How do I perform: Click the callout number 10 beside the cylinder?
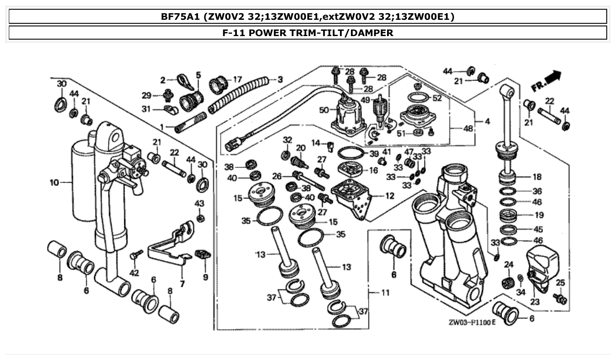pyautogui.click(x=54, y=182)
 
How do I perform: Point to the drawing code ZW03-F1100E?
pyautogui.click(x=472, y=323)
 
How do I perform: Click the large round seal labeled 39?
pyautogui.click(x=351, y=154)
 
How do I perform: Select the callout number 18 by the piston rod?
pyautogui.click(x=537, y=177)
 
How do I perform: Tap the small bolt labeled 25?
pyautogui.click(x=561, y=299)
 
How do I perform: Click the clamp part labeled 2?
pyautogui.click(x=181, y=81)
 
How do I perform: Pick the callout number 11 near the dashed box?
pyautogui.click(x=385, y=292)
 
